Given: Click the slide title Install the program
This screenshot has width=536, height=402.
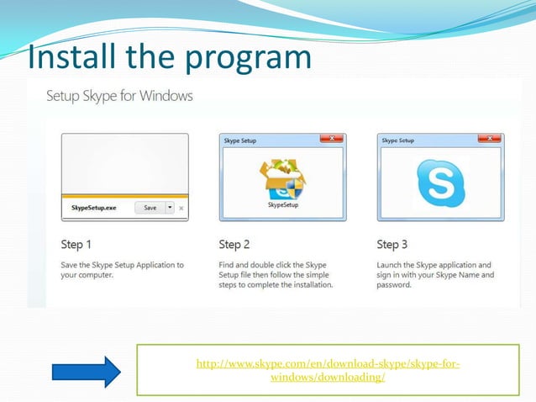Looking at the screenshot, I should [169, 57].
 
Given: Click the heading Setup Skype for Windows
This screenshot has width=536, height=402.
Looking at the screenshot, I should [118, 96].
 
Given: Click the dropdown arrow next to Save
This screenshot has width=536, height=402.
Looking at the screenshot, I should [169, 208].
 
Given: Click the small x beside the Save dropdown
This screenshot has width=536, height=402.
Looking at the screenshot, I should [181, 208].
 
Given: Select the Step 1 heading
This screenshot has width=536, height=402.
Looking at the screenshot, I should [76, 245].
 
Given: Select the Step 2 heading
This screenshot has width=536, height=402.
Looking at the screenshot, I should [234, 245].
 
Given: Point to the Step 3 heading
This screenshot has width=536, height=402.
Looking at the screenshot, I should [392, 245].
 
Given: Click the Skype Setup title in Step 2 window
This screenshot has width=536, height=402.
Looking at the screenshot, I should [241, 140].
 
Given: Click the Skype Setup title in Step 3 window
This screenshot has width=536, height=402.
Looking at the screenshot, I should [399, 140].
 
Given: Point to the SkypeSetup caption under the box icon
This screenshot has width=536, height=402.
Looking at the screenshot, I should [282, 204].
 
